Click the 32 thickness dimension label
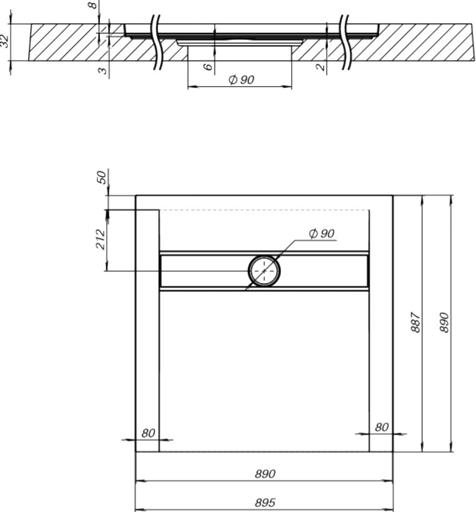[4, 41]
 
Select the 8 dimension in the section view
[93, 4]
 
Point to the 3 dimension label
[102, 70]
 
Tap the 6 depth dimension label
[208, 67]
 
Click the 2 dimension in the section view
[321, 67]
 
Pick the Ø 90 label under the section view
[241, 79]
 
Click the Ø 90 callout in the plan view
[322, 233]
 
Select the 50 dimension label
[102, 177]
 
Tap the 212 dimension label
[101, 239]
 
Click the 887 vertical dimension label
[416, 323]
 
